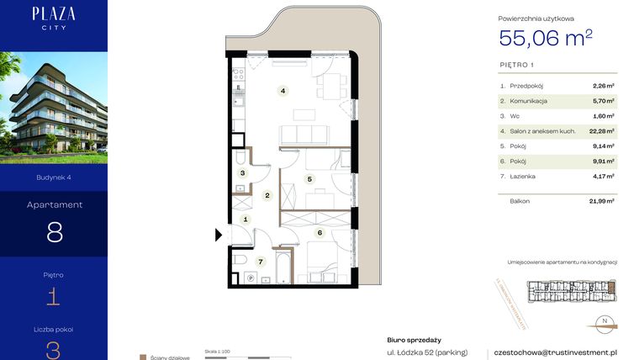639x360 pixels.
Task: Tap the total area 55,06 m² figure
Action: coord(546,38)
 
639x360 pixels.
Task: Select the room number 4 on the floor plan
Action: coord(283,91)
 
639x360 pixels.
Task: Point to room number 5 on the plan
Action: coord(309,178)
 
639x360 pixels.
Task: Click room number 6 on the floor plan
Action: coord(319,232)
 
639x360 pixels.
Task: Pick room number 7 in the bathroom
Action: coord(261,262)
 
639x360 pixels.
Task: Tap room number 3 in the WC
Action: coord(242,173)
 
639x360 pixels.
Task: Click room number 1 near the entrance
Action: coord(246,220)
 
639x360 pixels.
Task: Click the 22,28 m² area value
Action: coord(603,130)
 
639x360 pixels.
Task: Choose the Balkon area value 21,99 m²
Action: coord(602,201)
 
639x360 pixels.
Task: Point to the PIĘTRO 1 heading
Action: coord(516,64)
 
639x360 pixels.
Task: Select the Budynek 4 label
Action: coord(54,177)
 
